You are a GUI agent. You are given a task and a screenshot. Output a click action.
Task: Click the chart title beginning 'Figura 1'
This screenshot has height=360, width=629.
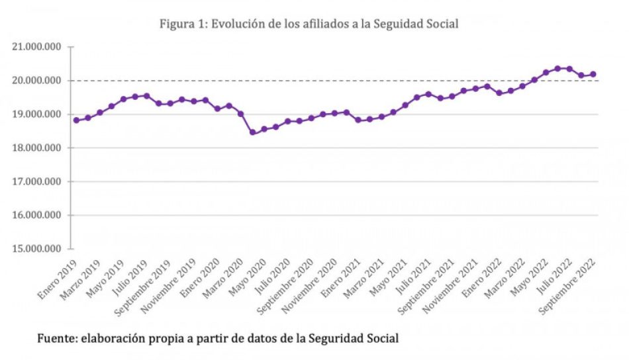pos(309,24)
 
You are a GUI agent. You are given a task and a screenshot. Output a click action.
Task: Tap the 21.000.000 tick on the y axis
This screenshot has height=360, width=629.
pos(36,47)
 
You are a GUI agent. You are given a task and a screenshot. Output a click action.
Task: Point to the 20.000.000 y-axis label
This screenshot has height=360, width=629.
pos(36,81)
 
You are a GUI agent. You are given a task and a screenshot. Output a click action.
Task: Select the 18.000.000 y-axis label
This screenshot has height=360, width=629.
pos(36,148)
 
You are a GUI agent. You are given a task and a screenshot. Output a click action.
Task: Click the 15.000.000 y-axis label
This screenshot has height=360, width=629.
pos(36,249)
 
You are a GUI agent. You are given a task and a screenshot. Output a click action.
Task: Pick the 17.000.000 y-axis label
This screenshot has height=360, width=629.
pos(36,182)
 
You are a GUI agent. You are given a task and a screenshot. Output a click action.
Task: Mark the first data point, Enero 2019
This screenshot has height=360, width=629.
pos(76,120)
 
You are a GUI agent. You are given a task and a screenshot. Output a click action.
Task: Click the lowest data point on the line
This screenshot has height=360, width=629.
pos(252,132)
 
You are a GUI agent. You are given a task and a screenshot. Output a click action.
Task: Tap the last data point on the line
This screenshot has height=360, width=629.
pos(593,74)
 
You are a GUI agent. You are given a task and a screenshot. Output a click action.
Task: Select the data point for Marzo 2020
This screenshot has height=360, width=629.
pos(240,114)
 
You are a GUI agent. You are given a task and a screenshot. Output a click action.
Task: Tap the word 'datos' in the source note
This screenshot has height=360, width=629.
pos(260,339)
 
